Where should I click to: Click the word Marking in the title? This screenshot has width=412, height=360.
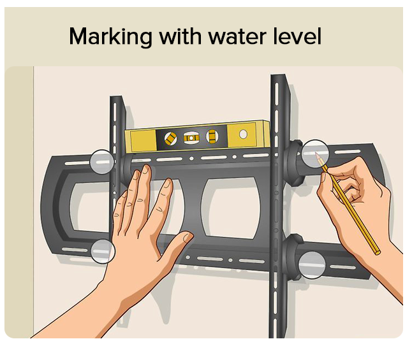pos(110,37)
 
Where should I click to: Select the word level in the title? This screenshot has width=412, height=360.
pos(297,36)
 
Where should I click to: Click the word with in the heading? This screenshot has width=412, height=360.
pos(180,36)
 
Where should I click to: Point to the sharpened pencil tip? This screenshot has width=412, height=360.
pos(316,153)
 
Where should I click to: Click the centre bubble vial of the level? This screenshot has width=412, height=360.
pos(191,138)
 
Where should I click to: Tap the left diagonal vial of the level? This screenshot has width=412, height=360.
pos(170,138)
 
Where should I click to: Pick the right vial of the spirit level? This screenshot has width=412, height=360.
pos(212,136)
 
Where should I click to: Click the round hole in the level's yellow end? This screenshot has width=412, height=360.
pos(244,134)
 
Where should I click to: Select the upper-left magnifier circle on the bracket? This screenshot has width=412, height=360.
pos(102,162)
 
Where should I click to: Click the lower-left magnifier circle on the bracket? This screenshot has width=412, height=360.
pos(103,251)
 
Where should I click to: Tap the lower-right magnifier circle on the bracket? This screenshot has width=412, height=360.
pos(312,264)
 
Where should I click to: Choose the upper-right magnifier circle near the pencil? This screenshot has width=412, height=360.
pos(315,154)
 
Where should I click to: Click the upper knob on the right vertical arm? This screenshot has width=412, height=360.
pos(294,163)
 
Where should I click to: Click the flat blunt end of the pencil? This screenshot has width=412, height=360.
pos(378,252)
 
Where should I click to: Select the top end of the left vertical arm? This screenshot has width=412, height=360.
pos(116,97)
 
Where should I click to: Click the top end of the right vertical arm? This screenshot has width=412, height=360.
pos(278,76)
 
